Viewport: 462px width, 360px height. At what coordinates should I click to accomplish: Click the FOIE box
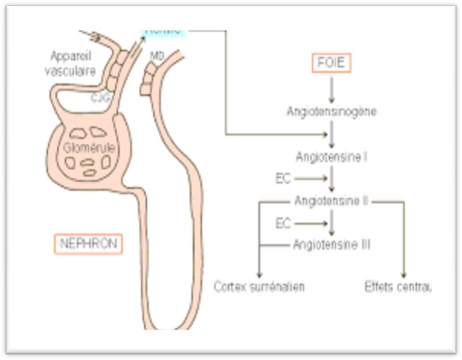click(x=332, y=62)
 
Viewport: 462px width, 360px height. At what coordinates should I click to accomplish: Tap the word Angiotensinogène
click(x=331, y=111)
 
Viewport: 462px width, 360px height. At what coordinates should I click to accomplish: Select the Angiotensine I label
click(x=331, y=157)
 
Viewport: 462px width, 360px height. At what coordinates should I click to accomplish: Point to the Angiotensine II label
click(x=331, y=201)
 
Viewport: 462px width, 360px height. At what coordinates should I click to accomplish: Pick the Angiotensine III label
click(x=331, y=244)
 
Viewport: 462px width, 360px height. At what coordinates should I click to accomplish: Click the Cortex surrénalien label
click(x=259, y=287)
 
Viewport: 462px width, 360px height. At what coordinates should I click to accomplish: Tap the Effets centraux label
click(x=398, y=287)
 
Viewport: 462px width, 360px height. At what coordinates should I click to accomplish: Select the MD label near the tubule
click(x=157, y=56)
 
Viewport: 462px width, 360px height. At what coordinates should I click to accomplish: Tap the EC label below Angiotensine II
click(x=283, y=222)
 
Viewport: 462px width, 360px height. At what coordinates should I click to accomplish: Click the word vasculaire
click(x=73, y=71)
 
